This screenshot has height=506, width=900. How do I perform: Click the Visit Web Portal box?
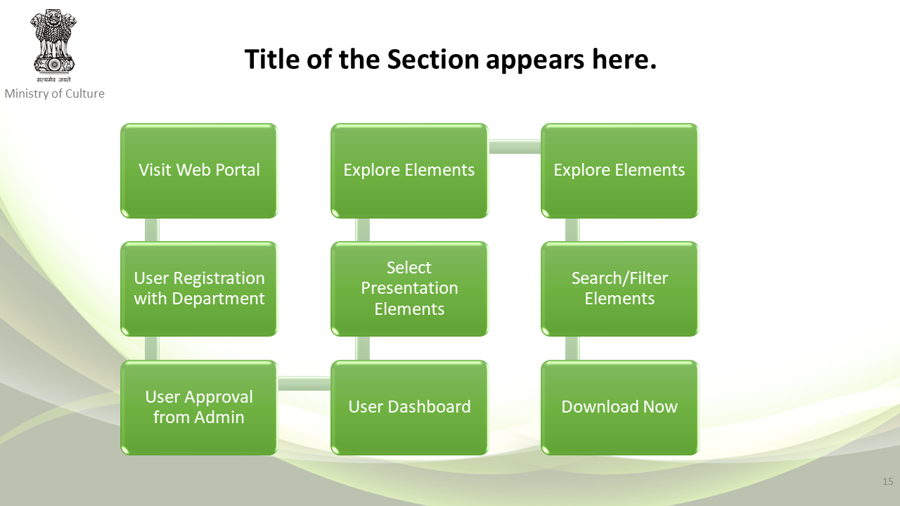pyautogui.click(x=199, y=171)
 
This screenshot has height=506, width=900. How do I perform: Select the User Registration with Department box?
pyautogui.click(x=199, y=289)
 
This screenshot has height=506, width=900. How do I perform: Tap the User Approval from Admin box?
pyautogui.click(x=199, y=407)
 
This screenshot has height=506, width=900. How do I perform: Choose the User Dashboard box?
pyautogui.click(x=409, y=407)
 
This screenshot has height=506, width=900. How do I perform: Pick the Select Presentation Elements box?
pyautogui.click(x=409, y=289)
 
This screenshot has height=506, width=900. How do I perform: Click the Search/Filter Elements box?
pyautogui.click(x=619, y=289)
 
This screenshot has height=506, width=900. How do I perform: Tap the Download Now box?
pyautogui.click(x=619, y=407)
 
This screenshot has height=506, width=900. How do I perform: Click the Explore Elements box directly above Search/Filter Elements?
pyautogui.click(x=619, y=171)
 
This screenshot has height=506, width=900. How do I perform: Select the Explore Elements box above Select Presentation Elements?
pyautogui.click(x=409, y=171)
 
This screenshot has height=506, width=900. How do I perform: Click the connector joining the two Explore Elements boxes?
pyautogui.click(x=515, y=147)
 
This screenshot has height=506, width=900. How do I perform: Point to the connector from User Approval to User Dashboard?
pyautogui.click(x=304, y=384)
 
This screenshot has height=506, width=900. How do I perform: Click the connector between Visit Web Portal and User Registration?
pyautogui.click(x=152, y=230)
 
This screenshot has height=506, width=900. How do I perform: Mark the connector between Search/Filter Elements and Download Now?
pyautogui.click(x=572, y=348)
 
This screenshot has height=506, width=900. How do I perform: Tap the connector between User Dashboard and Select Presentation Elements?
pyautogui.click(x=362, y=348)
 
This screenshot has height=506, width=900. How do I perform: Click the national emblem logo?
pyautogui.click(x=53, y=41)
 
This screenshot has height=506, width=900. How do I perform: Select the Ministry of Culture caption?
pyautogui.click(x=55, y=93)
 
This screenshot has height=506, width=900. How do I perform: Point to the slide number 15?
pyautogui.click(x=887, y=481)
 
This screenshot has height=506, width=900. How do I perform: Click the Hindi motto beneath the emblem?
pyautogui.click(x=53, y=79)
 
